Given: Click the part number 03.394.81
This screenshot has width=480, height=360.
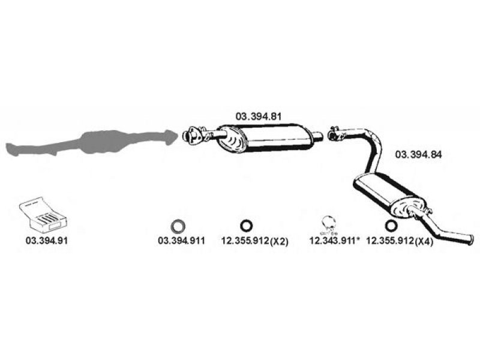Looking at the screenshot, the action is click(258, 116).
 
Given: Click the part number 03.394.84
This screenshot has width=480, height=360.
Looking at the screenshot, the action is click(418, 154).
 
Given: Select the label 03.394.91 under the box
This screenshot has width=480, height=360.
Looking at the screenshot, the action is click(47, 241).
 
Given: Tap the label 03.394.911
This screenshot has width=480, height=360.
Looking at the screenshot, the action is click(181, 241).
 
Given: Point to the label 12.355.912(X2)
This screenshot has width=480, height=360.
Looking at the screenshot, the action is click(254, 241).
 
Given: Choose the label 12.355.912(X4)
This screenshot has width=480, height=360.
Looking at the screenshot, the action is click(400, 241).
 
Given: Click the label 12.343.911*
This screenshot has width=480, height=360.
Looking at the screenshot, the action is click(333, 241).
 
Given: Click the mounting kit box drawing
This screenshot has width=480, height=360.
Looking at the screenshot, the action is click(43, 214).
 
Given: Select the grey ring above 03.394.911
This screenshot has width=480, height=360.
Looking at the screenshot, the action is click(178, 226).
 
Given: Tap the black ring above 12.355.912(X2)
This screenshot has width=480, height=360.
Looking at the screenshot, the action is click(247, 226).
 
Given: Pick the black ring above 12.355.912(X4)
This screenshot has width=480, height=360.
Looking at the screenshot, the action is click(391, 226).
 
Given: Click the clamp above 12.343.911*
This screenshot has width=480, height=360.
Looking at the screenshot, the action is click(329, 224).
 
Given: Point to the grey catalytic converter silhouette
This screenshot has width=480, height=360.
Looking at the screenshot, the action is click(92, 142).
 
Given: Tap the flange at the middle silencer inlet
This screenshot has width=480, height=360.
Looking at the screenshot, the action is click(192, 135).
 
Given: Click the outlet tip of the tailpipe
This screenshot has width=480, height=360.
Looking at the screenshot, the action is click(470, 239).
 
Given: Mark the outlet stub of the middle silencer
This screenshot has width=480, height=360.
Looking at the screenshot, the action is click(317, 136).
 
